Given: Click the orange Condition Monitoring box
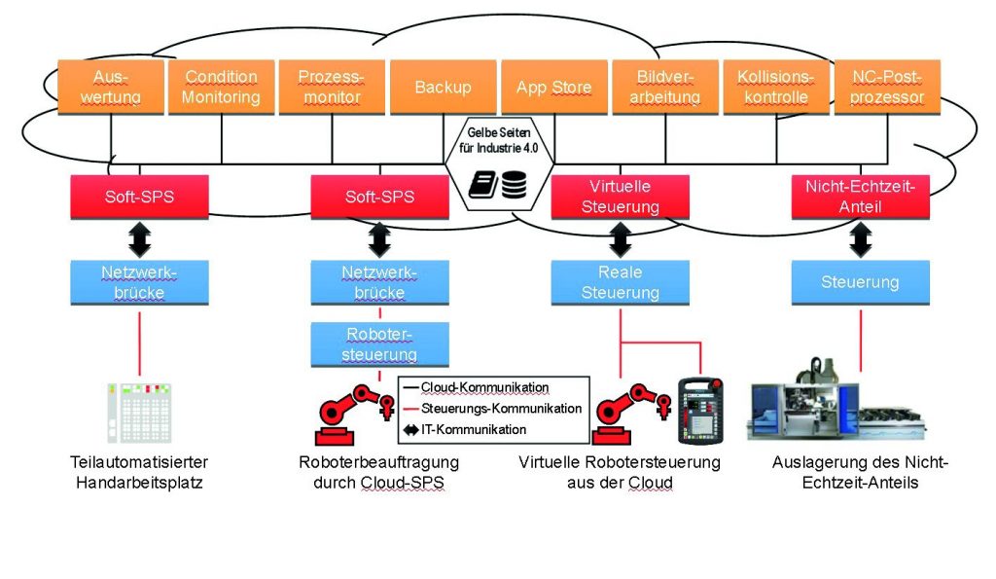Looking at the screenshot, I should click(x=222, y=87).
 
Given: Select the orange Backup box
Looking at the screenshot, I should click(x=443, y=87).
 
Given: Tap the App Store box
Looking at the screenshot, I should click(x=553, y=87).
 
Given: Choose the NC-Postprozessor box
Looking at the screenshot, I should click(x=886, y=87).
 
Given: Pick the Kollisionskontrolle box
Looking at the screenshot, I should click(x=775, y=87).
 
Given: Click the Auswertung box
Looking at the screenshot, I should click(x=111, y=87).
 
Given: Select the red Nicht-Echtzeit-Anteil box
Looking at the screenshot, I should click(x=860, y=196).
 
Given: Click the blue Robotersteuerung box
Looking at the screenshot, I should click(x=380, y=344).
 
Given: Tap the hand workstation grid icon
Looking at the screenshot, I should click(x=139, y=413).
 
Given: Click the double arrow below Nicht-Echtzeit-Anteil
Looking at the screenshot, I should click(x=860, y=238).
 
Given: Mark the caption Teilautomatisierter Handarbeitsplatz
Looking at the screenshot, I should click(x=139, y=472).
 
